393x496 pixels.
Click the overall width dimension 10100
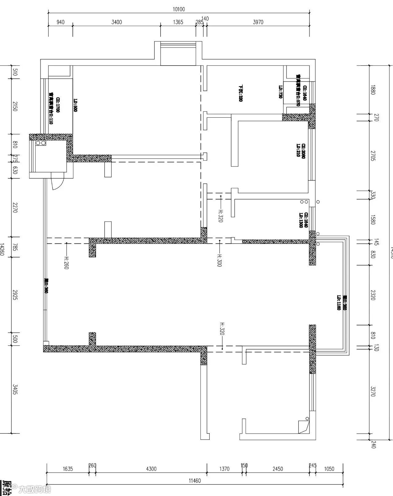coord(179,9)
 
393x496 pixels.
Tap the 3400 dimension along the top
coord(117,22)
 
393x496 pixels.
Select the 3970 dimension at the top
coord(258,22)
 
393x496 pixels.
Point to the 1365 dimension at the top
coord(178,22)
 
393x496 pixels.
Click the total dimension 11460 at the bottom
coord(195,481)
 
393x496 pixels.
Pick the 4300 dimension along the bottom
coord(151,469)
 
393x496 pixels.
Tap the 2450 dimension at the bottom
coord(278,469)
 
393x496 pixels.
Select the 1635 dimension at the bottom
coord(68,469)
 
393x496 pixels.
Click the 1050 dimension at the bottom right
coord(329,469)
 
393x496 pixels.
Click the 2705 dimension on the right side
coord(373,156)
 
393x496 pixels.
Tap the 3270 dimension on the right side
coord(373,391)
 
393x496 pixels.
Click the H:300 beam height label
coord(219,260)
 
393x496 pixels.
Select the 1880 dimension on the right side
coord(373,90)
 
